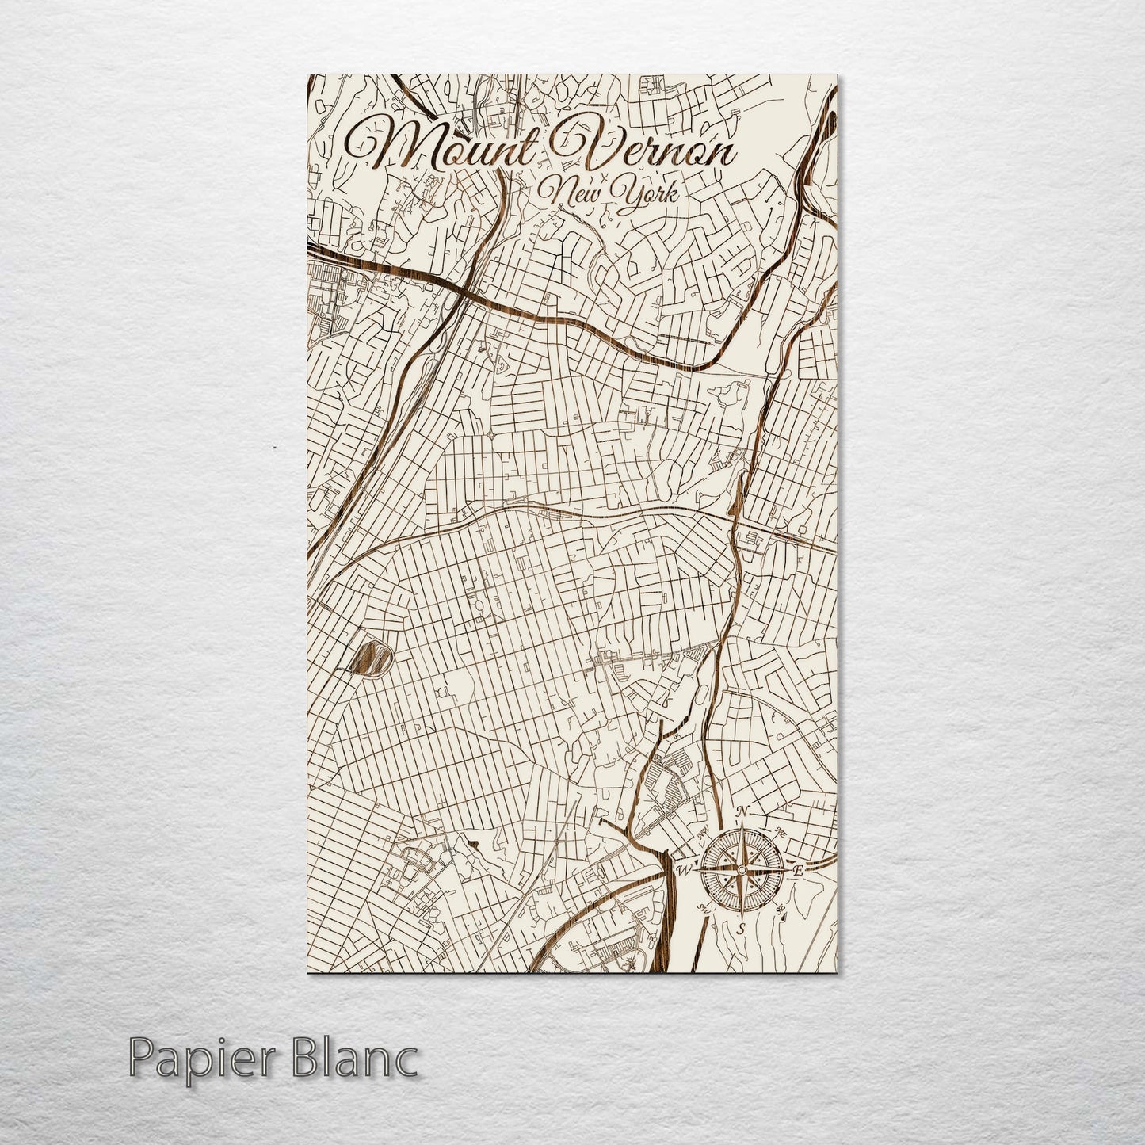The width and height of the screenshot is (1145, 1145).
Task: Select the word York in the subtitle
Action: pyautogui.click(x=642, y=193)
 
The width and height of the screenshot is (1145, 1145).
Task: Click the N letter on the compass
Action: pyautogui.click(x=742, y=811)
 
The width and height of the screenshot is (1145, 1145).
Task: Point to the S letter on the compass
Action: pyautogui.click(x=741, y=929)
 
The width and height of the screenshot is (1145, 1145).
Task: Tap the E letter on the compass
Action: pyautogui.click(x=799, y=871)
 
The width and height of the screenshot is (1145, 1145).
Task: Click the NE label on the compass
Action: pyautogui.click(x=781, y=833)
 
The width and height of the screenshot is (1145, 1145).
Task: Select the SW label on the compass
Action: pyautogui.click(x=702, y=908)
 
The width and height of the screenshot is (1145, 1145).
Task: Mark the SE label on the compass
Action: pyautogui.click(x=781, y=909)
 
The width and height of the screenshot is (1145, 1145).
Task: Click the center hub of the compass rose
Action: pyautogui.click(x=742, y=870)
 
